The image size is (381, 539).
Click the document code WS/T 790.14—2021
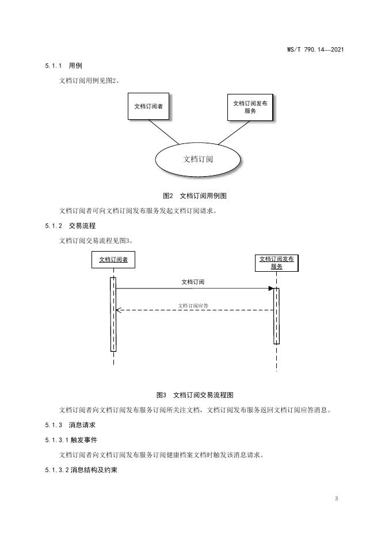click(x=315, y=50)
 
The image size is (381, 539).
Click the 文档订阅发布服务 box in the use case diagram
click(x=250, y=107)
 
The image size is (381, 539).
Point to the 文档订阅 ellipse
click(x=197, y=159)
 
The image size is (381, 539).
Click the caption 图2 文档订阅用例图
click(x=195, y=196)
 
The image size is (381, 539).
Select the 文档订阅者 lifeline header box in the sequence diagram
click(x=113, y=260)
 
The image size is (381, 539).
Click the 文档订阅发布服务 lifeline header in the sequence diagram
click(x=276, y=263)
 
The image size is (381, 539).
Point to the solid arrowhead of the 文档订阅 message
click(x=270, y=289)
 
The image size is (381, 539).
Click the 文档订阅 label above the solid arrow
click(x=193, y=282)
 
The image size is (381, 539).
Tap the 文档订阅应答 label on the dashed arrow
click(x=193, y=305)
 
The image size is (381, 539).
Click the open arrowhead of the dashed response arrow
click(x=119, y=310)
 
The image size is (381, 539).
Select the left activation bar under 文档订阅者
click(x=113, y=314)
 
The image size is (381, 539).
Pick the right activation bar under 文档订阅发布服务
click(x=276, y=316)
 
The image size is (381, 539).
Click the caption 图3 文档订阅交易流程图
click(x=195, y=395)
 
